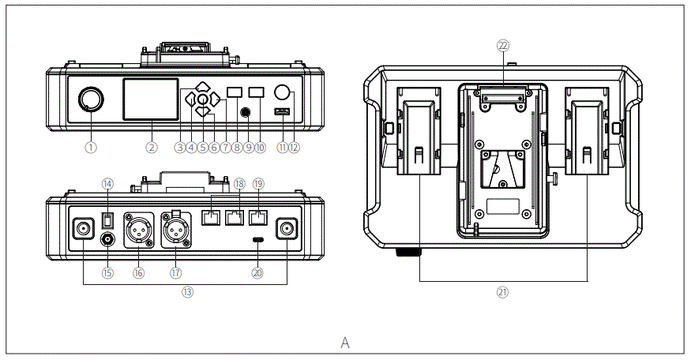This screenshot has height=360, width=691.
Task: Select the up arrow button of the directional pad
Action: (202, 87)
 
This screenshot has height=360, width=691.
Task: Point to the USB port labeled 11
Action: (281, 112)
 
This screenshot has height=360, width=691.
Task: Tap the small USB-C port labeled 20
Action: (257, 239)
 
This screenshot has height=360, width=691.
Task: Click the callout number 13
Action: (186, 291)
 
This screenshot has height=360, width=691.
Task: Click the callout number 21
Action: (502, 291)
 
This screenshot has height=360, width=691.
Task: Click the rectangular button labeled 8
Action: (235, 92)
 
